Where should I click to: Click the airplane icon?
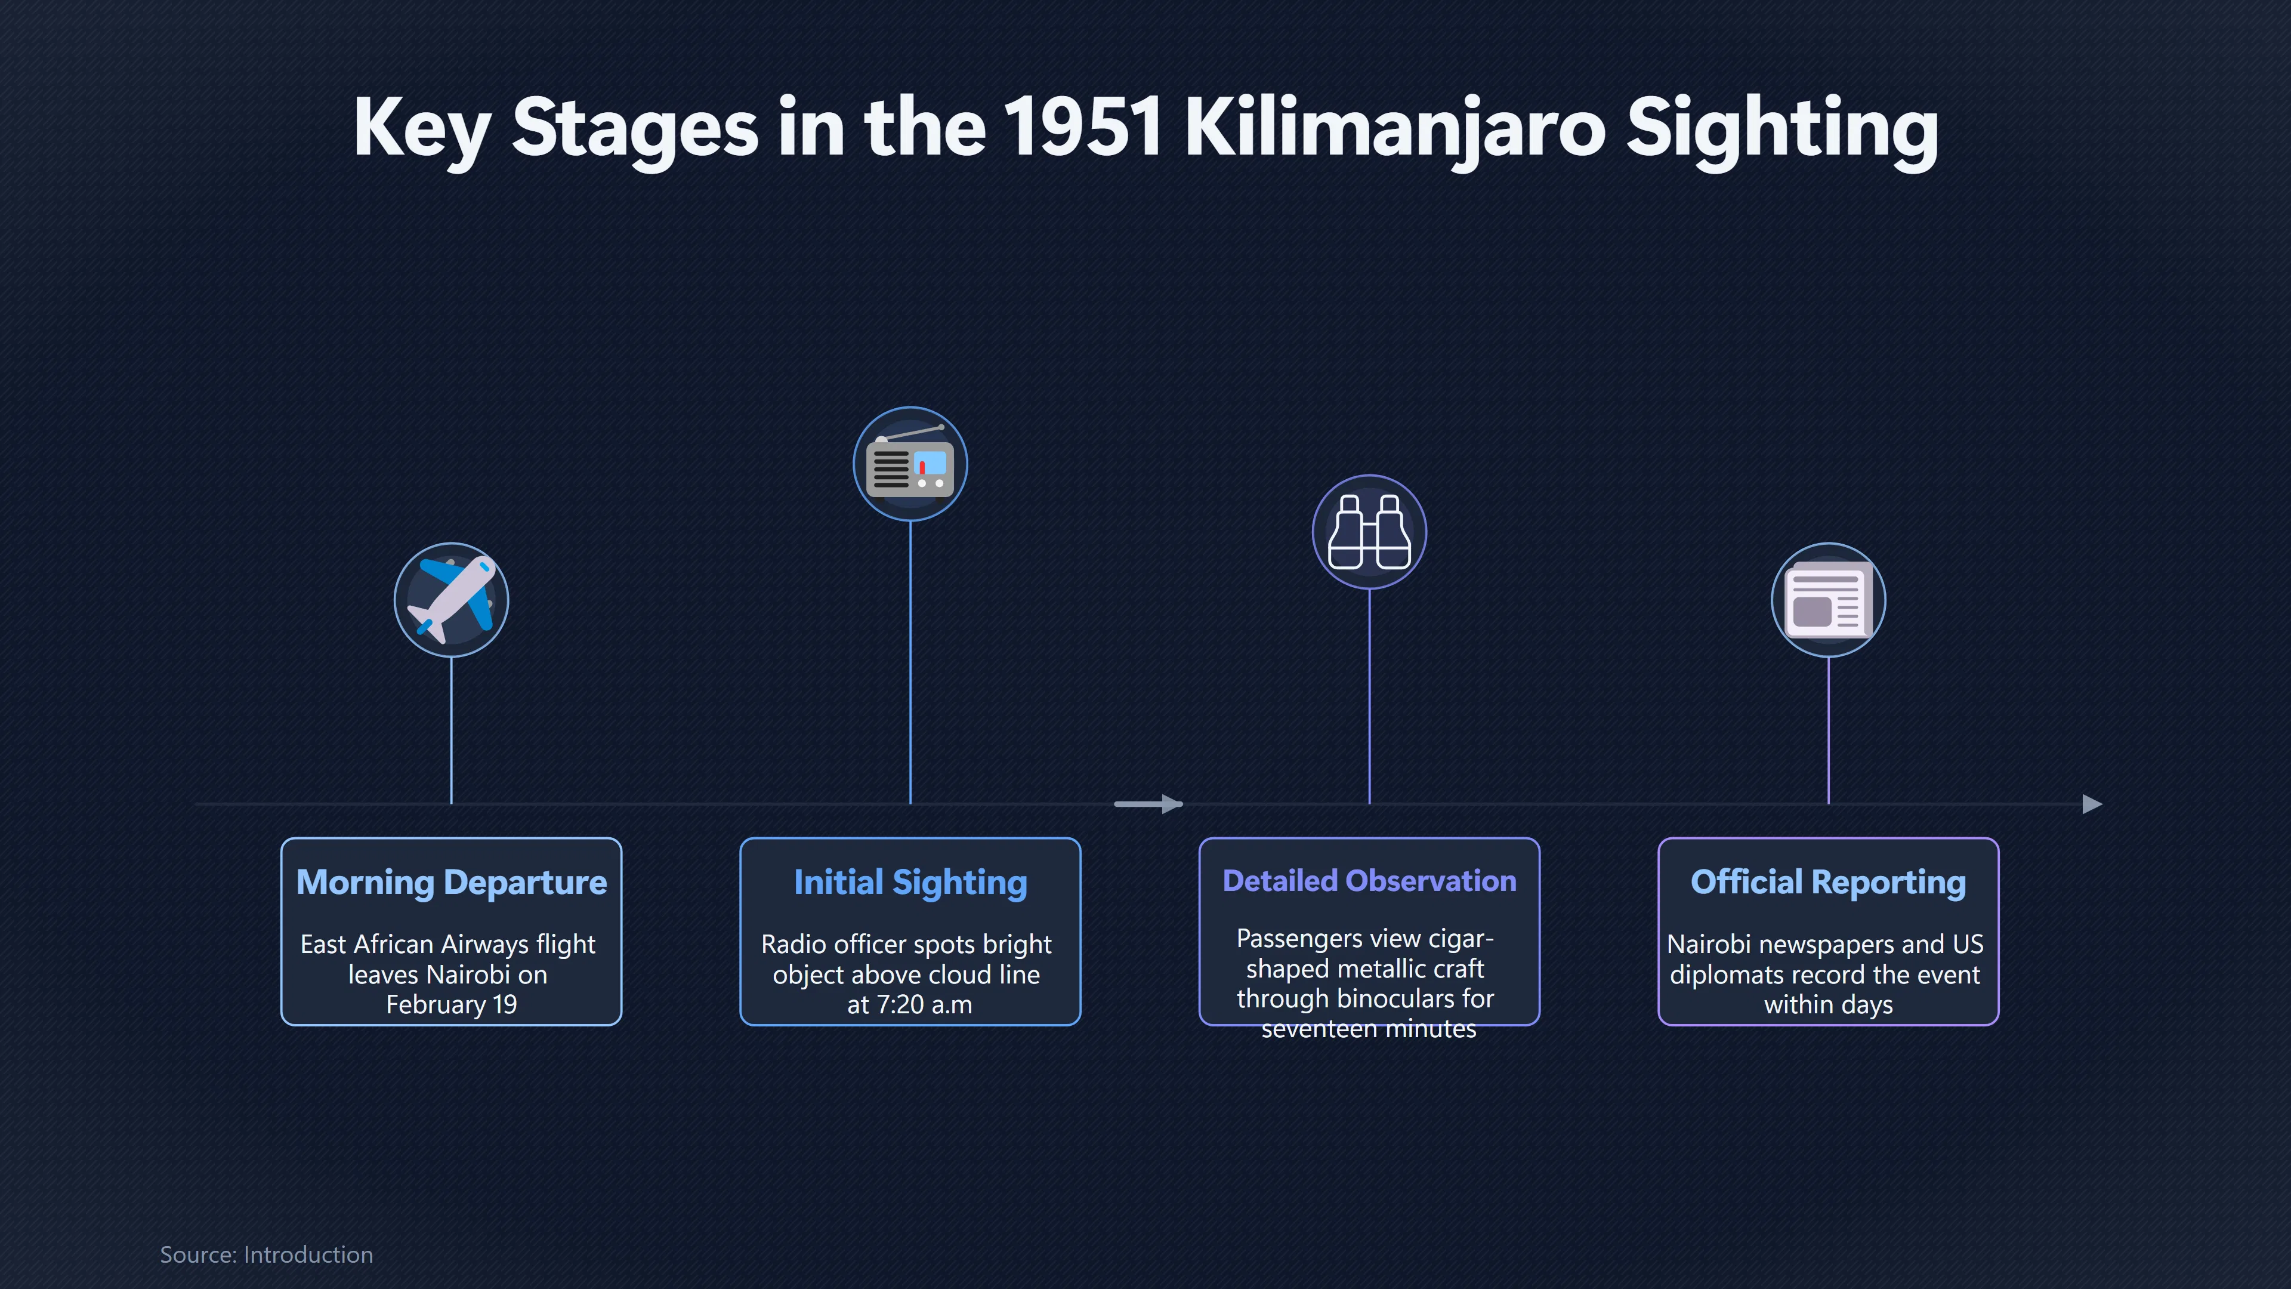pos(452,600)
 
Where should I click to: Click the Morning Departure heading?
pos(452,883)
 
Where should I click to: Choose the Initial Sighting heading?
pos(910,883)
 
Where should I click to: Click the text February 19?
pos(452,1004)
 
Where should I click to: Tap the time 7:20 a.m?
pos(910,1004)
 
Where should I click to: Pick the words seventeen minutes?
pos(1369,1029)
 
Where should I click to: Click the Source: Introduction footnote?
pos(267,1254)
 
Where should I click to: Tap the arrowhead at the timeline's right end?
pos(2093,804)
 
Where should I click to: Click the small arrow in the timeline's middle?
pos(1148,804)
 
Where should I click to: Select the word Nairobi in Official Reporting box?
pos(1709,944)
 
